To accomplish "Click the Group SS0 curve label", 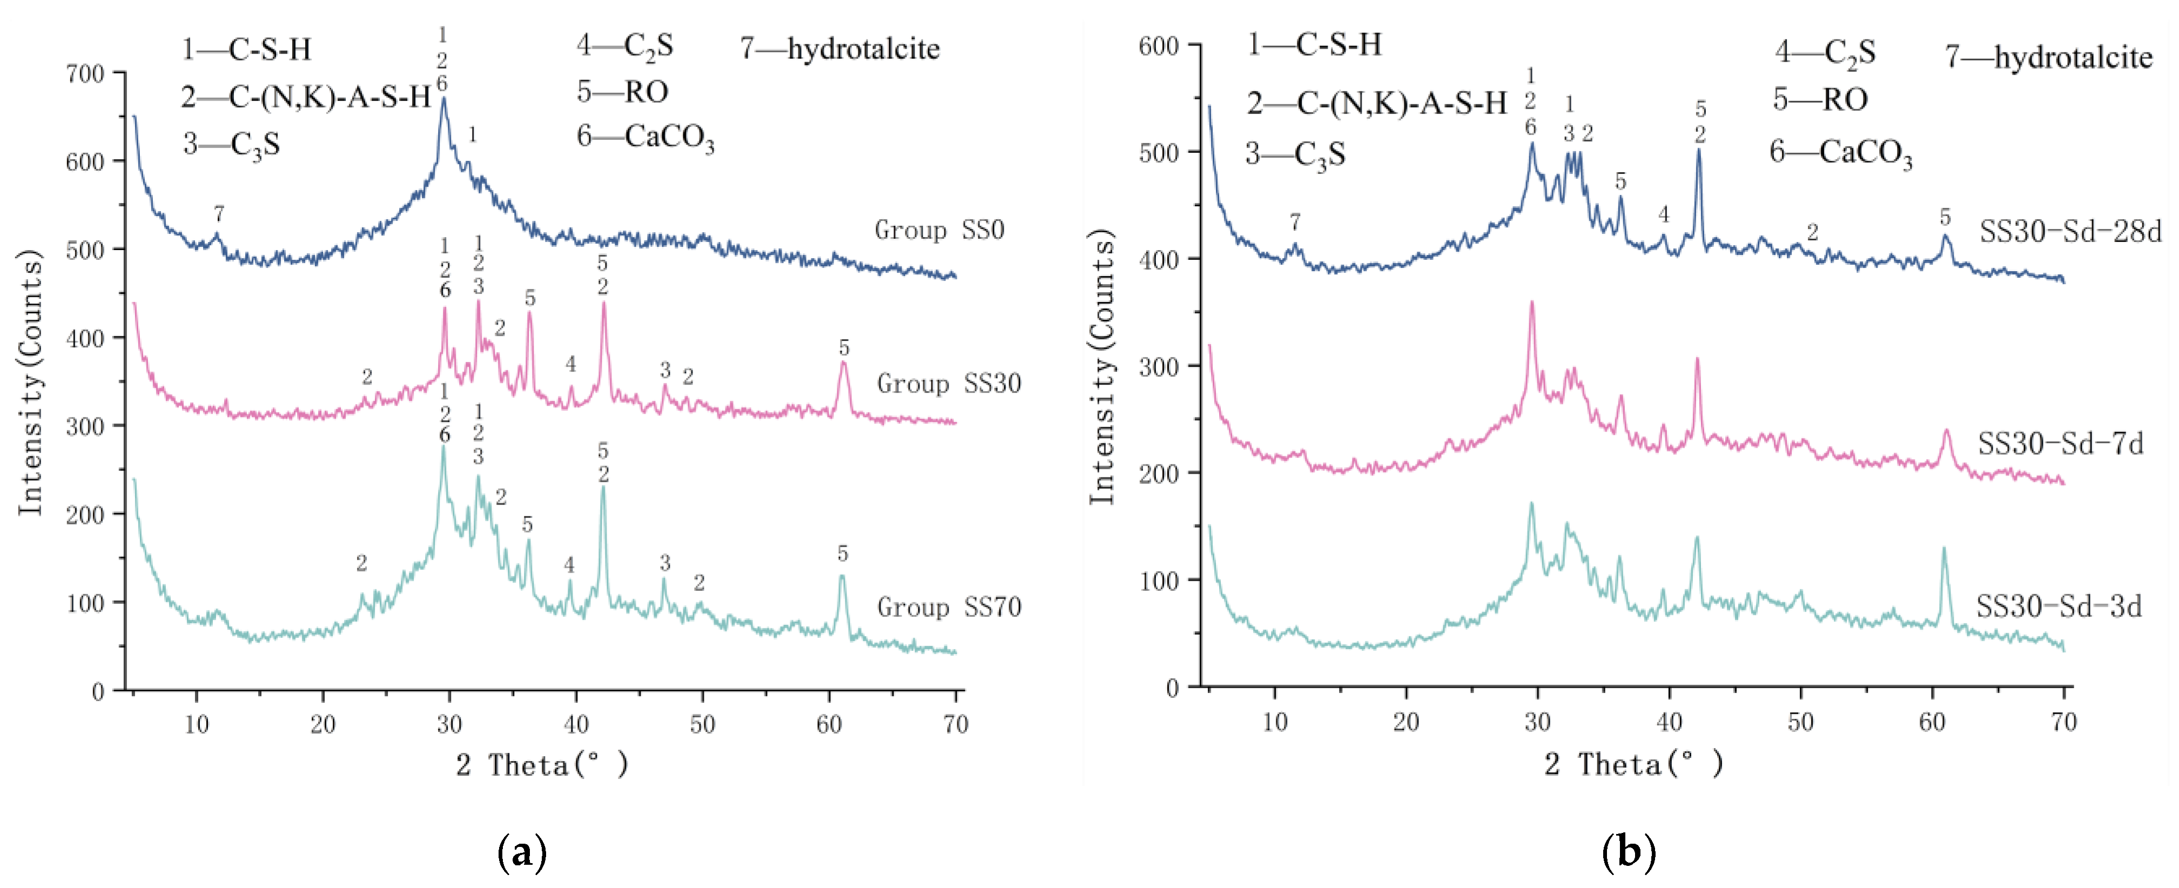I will (939, 230).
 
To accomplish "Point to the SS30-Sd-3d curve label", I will (2059, 607).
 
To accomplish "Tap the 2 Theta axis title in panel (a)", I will (541, 765).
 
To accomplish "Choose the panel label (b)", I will (1629, 852).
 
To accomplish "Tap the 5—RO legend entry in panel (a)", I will (623, 91).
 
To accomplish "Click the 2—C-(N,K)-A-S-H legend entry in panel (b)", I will (1376, 103).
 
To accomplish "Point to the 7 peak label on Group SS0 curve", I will (219, 214).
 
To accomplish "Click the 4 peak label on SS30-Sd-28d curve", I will (1664, 215).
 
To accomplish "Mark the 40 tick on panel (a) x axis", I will (575, 724).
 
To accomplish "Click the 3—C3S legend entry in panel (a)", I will (231, 145).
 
